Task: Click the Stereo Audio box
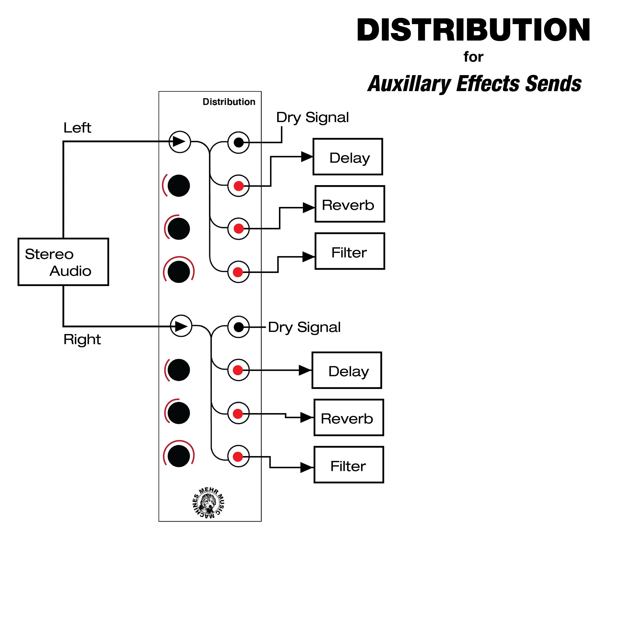coord(63,262)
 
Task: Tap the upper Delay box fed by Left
coord(348,157)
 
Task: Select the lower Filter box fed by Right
coord(349,465)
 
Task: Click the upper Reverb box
coord(350,204)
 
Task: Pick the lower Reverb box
coord(349,418)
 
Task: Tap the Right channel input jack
coord(181,326)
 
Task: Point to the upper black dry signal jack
coord(238,142)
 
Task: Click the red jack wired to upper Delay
coord(238,186)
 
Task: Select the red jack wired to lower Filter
coord(238,457)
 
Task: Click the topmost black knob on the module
coord(179,186)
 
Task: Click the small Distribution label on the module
coord(229,102)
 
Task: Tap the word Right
coord(82,339)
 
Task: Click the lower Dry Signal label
coord(304,327)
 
